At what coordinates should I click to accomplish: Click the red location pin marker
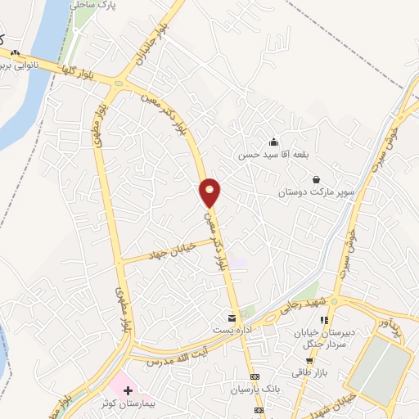(x=210, y=191)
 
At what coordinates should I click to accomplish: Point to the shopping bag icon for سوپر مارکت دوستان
(x=316, y=179)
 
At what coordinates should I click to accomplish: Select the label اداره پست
(x=231, y=329)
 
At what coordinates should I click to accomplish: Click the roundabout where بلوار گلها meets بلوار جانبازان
(x=123, y=82)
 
